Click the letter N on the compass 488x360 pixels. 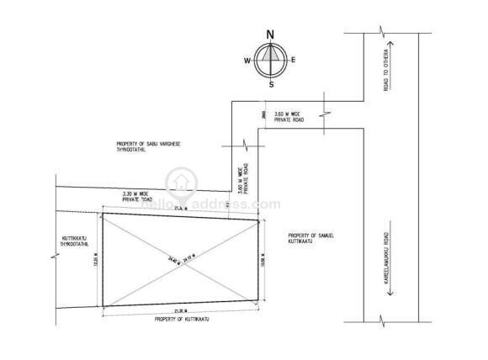coord(270,34)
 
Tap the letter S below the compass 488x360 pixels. coord(271,85)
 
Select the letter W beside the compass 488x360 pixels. coord(247,61)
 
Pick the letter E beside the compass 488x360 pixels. coord(293,60)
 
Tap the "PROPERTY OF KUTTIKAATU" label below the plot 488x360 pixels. coord(180,320)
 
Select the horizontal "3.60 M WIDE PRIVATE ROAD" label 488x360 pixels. coord(289,118)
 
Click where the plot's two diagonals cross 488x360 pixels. coord(179,261)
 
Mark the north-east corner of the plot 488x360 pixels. coord(258,220)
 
